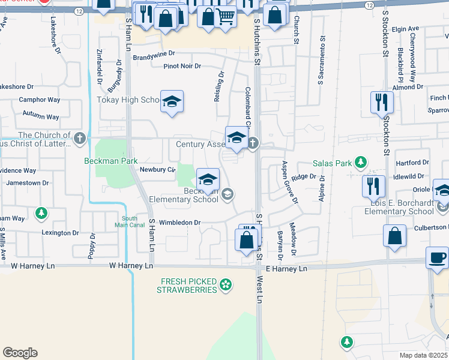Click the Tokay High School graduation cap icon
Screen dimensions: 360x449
point(172,101)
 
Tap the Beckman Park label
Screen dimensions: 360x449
point(111,161)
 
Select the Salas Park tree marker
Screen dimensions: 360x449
point(360,163)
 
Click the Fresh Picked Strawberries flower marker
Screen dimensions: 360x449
point(226,284)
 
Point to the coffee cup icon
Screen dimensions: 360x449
point(436,258)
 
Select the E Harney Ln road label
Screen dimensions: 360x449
point(286,268)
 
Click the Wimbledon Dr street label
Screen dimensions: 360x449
point(179,222)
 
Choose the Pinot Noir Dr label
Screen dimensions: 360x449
point(182,66)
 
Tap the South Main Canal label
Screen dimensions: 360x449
point(130,222)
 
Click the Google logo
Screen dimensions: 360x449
point(20,353)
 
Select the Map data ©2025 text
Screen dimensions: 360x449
point(424,355)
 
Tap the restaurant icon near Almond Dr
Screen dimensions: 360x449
point(382,103)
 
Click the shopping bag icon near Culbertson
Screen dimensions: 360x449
point(396,237)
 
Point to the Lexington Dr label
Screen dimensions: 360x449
point(60,233)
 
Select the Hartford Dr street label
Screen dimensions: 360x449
point(412,163)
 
